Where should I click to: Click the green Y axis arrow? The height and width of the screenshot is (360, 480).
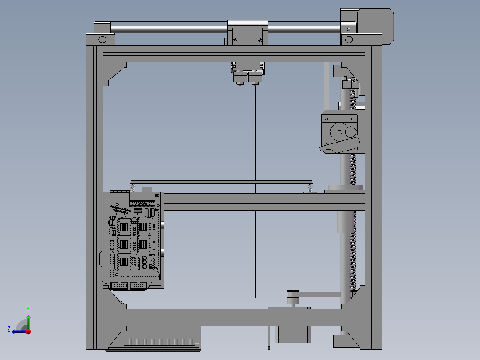coord(28,320)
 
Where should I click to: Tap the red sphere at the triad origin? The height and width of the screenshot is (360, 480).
coord(28,331)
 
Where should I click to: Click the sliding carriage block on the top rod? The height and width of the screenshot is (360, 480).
coord(247,34)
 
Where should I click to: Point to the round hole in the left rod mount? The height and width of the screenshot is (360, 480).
coord(102,39)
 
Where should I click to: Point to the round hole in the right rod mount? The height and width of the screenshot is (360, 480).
coord(349,40)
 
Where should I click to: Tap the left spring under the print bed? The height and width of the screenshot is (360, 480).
coord(133,187)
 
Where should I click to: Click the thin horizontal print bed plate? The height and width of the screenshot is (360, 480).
coord(221,182)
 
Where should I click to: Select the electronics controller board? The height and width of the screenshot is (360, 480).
coord(134,241)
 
